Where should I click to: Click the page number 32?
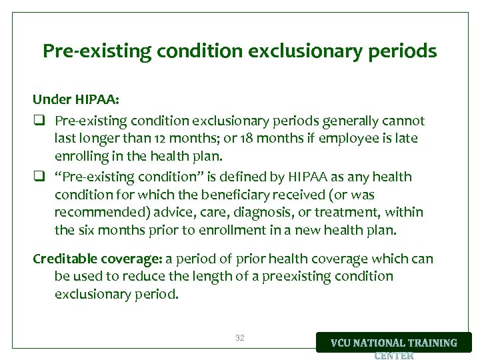[x=240, y=338]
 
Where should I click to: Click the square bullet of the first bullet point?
[x=39, y=121]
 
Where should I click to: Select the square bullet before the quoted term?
[x=39, y=177]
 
